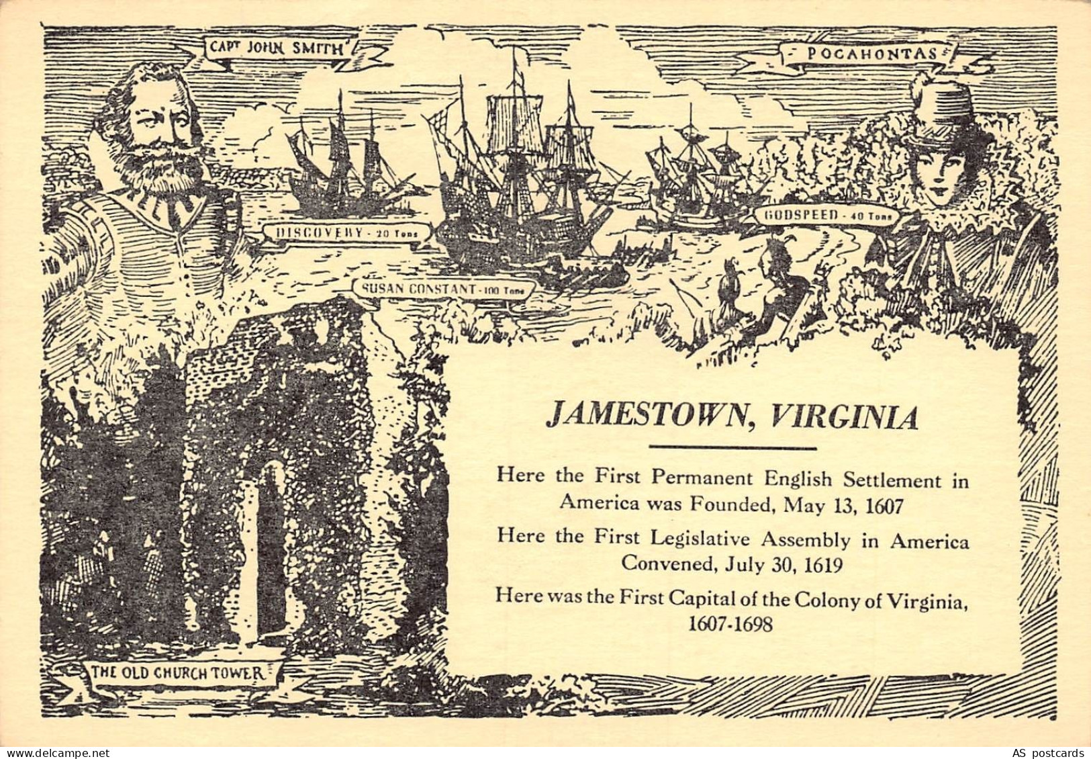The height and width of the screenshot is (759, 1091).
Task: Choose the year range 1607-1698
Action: tap(731, 623)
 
